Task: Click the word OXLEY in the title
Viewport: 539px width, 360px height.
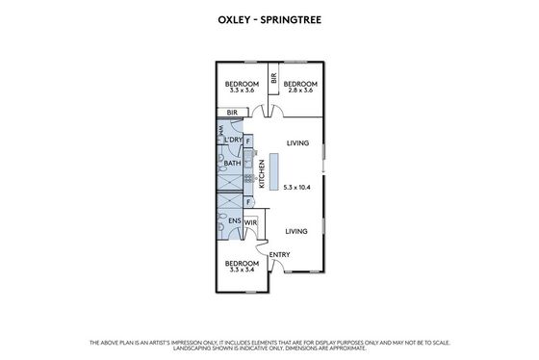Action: tap(234, 20)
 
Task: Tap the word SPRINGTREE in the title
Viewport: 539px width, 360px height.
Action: tap(291, 20)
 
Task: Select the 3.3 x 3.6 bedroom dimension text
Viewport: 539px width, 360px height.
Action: tap(242, 90)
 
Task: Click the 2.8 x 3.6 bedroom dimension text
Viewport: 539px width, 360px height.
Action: tap(300, 90)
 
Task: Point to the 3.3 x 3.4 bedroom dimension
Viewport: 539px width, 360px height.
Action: tap(242, 270)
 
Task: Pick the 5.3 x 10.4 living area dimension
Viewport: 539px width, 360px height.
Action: tap(297, 188)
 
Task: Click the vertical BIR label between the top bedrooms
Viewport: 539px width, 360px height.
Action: tap(273, 78)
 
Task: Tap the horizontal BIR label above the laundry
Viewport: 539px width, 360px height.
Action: tap(232, 113)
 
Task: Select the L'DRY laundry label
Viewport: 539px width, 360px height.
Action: tap(233, 140)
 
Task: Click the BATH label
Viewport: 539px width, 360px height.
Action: tap(232, 163)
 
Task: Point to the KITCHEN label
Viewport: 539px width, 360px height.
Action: tap(262, 173)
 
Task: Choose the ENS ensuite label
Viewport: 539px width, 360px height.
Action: tap(235, 220)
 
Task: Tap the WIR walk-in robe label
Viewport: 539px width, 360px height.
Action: tap(250, 222)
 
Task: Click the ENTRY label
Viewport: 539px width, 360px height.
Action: tap(279, 255)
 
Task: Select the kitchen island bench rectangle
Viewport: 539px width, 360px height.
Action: tap(273, 172)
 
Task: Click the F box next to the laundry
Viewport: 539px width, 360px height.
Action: tap(248, 141)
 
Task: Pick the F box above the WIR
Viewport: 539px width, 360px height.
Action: tap(248, 202)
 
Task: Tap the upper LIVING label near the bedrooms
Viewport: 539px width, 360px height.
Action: tap(297, 143)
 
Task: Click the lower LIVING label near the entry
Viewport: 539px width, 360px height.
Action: tap(296, 231)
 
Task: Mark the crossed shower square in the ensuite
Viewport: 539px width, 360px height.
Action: tap(230, 201)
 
